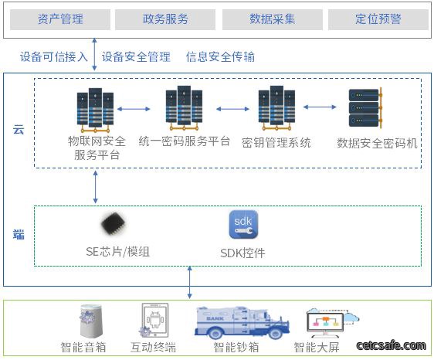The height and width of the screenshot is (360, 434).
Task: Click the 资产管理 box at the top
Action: click(x=60, y=19)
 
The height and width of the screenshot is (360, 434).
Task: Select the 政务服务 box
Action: click(x=165, y=19)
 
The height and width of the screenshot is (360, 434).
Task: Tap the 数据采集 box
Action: click(x=273, y=19)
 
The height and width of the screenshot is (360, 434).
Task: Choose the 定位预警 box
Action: click(x=378, y=19)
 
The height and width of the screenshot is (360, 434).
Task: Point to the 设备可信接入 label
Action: click(x=54, y=56)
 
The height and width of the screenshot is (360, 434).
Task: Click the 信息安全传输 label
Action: click(x=220, y=56)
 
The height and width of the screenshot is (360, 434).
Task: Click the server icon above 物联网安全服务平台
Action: click(x=95, y=110)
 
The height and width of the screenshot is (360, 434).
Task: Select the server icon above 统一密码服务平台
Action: click(x=184, y=108)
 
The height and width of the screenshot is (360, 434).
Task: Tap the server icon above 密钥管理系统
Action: click(x=276, y=108)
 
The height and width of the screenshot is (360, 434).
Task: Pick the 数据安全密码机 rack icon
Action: click(x=365, y=108)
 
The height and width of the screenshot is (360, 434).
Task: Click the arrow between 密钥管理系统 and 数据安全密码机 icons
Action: click(x=320, y=107)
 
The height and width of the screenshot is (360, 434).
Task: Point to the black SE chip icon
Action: click(x=113, y=224)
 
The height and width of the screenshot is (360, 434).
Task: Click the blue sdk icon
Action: click(x=243, y=225)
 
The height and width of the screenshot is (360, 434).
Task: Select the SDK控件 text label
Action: click(x=242, y=253)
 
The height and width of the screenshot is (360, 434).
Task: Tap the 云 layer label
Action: click(x=19, y=130)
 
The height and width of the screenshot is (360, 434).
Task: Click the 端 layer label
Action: click(x=19, y=234)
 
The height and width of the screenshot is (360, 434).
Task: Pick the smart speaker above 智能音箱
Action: click(x=90, y=321)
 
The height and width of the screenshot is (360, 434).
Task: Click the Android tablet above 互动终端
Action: click(x=154, y=320)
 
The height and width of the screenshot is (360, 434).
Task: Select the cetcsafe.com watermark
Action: click(x=391, y=345)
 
